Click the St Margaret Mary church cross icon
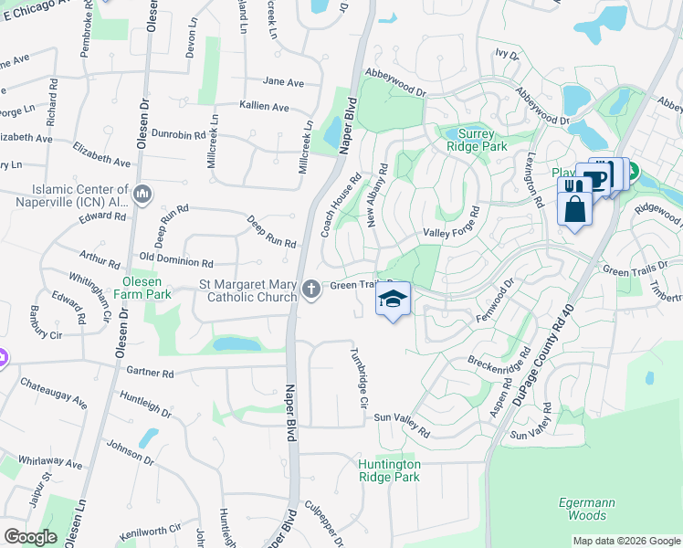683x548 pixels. click(311, 290)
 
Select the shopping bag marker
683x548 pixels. click(574, 209)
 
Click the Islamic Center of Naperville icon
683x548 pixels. click(142, 195)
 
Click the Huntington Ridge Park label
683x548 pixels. click(389, 470)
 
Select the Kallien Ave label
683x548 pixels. click(264, 107)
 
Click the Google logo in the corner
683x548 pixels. click(30, 537)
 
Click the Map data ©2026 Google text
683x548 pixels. click(625, 541)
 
